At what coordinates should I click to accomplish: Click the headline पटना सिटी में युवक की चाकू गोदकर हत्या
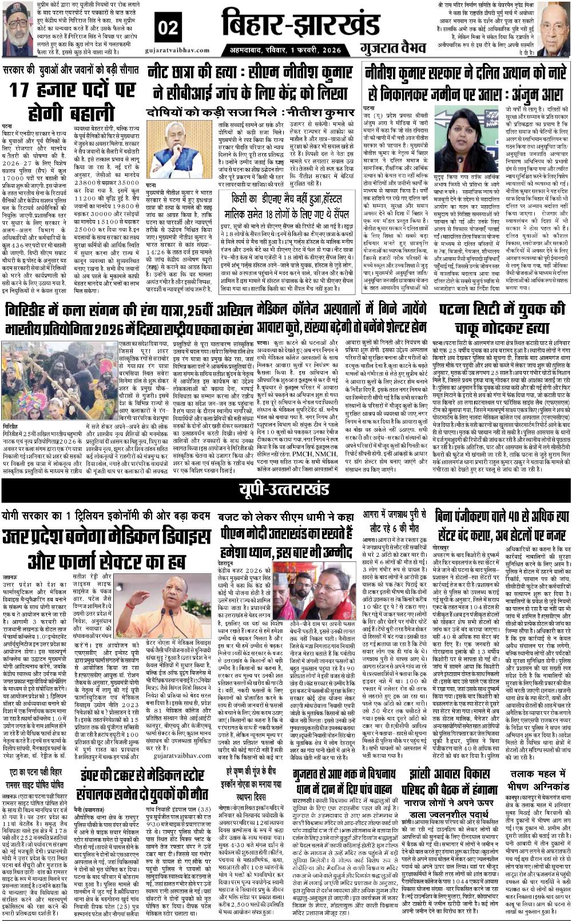click(501, 320)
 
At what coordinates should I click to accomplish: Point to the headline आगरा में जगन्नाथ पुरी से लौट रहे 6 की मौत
click(394, 520)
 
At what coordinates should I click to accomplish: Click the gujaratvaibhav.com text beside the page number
click(181, 50)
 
